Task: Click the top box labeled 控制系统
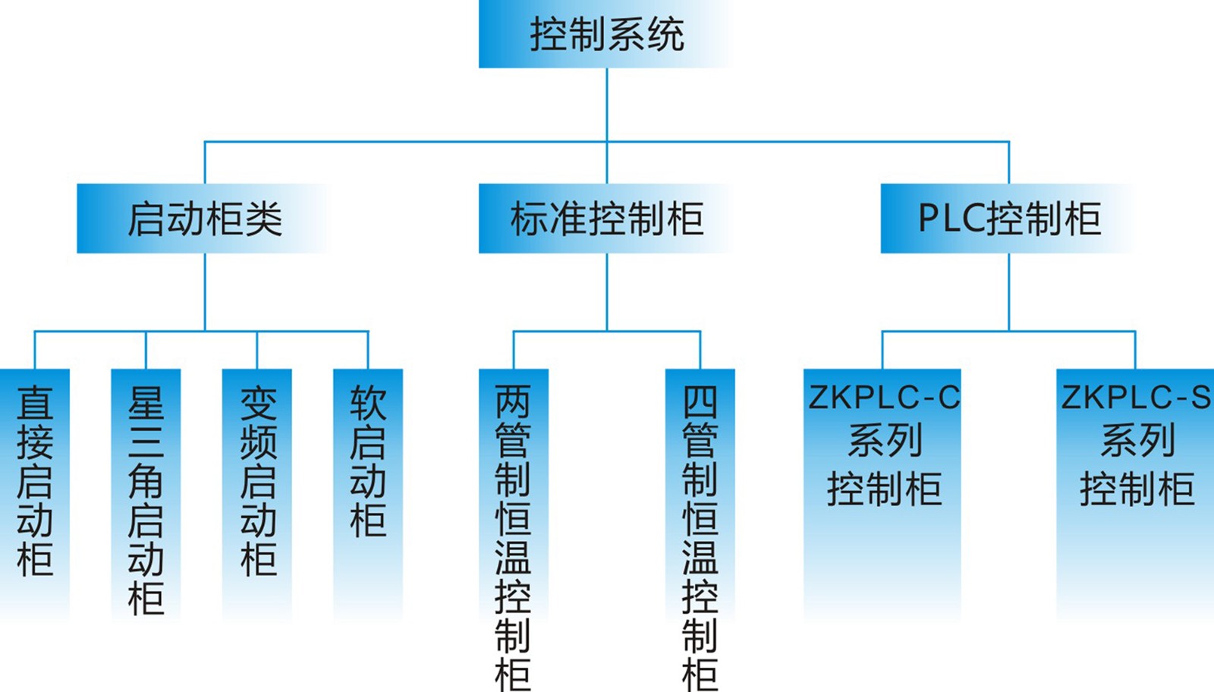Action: tap(605, 34)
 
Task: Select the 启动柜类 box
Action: tap(203, 219)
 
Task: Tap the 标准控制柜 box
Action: tap(605, 219)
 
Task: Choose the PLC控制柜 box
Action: tap(1008, 219)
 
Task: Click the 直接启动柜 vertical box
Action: tap(35, 486)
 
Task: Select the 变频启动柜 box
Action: tap(257, 486)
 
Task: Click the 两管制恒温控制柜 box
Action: tap(513, 531)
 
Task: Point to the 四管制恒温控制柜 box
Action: tap(700, 531)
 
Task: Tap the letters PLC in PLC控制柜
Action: tap(951, 219)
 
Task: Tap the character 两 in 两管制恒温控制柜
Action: tap(513, 402)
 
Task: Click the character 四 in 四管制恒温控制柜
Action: tap(700, 402)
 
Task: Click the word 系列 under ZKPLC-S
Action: tap(1137, 441)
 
